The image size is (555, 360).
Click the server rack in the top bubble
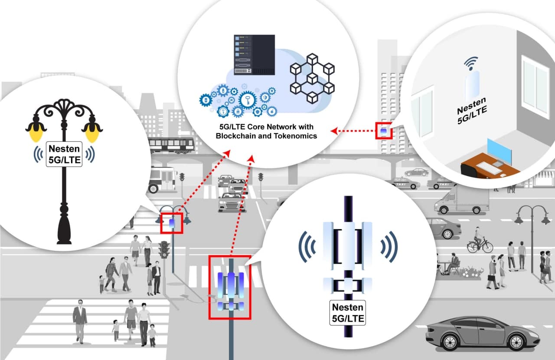click(255, 55)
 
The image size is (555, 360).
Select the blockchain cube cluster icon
click(312, 78)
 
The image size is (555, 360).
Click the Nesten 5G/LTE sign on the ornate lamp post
click(64, 154)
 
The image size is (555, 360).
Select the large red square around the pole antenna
click(230, 288)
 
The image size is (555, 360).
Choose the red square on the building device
click(384, 130)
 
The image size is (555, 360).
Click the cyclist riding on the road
click(479, 243)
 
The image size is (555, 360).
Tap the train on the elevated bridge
click(171, 145)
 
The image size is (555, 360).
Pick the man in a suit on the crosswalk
click(80, 321)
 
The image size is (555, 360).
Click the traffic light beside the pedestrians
click(163, 251)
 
